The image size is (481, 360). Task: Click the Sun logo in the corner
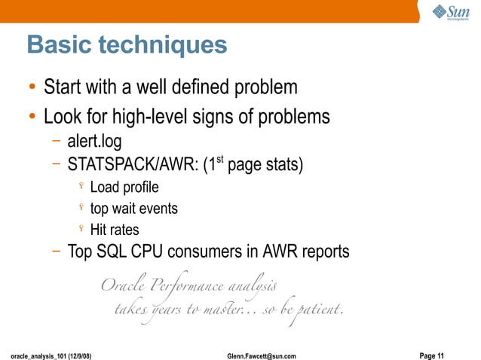coord(451,13)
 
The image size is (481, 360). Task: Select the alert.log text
coord(94,141)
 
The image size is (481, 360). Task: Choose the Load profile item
coord(124,187)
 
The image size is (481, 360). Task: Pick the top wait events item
coord(133,208)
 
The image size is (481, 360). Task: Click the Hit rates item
coord(115,230)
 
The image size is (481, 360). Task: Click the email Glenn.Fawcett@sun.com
coord(261,355)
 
